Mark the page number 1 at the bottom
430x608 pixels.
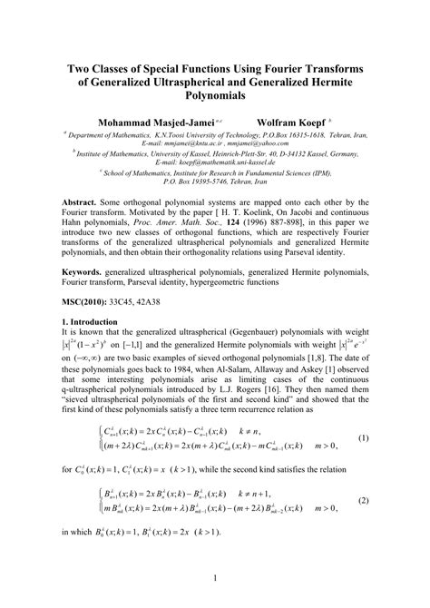215,576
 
